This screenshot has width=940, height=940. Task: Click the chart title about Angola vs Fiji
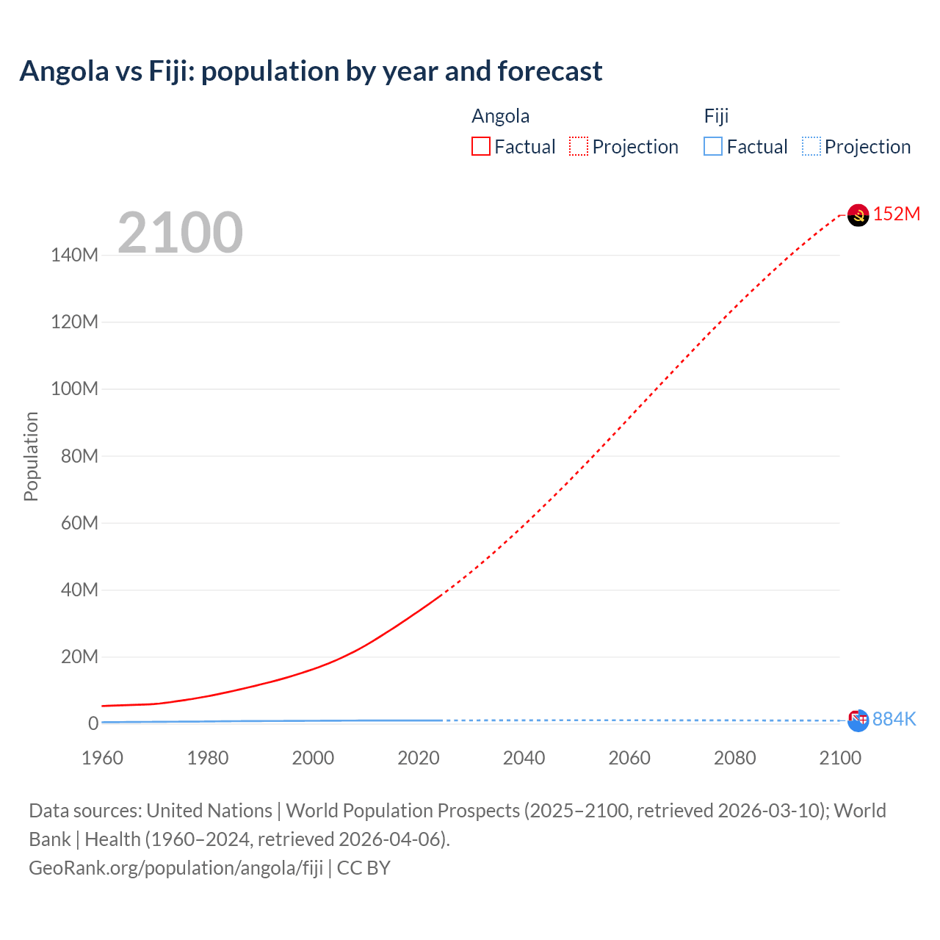click(x=311, y=71)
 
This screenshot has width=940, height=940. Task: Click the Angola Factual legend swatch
click(x=480, y=146)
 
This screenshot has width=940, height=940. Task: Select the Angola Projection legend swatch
click(x=578, y=146)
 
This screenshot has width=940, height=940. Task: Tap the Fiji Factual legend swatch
click(x=712, y=146)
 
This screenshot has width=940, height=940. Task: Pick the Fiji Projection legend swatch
click(x=811, y=146)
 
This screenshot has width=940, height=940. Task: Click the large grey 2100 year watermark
click(x=180, y=233)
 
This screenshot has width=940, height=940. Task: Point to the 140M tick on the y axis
click(x=74, y=256)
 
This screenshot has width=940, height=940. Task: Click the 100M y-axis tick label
click(x=74, y=389)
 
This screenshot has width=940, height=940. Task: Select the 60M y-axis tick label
click(x=79, y=523)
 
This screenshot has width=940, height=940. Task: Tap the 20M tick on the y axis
click(x=79, y=657)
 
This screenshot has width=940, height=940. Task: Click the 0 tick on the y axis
click(x=93, y=723)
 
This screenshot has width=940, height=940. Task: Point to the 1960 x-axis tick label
click(x=102, y=758)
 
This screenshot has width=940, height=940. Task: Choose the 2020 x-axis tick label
click(x=419, y=758)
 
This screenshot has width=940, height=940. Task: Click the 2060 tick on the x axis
click(x=629, y=758)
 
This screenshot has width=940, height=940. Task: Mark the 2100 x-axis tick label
click(x=840, y=758)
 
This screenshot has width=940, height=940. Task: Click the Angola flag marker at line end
click(x=858, y=215)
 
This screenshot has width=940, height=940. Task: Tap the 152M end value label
click(x=896, y=214)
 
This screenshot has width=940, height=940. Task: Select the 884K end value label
click(x=894, y=720)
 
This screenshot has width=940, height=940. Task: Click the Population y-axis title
click(x=31, y=456)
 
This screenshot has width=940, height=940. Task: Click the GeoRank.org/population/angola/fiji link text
click(x=176, y=868)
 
